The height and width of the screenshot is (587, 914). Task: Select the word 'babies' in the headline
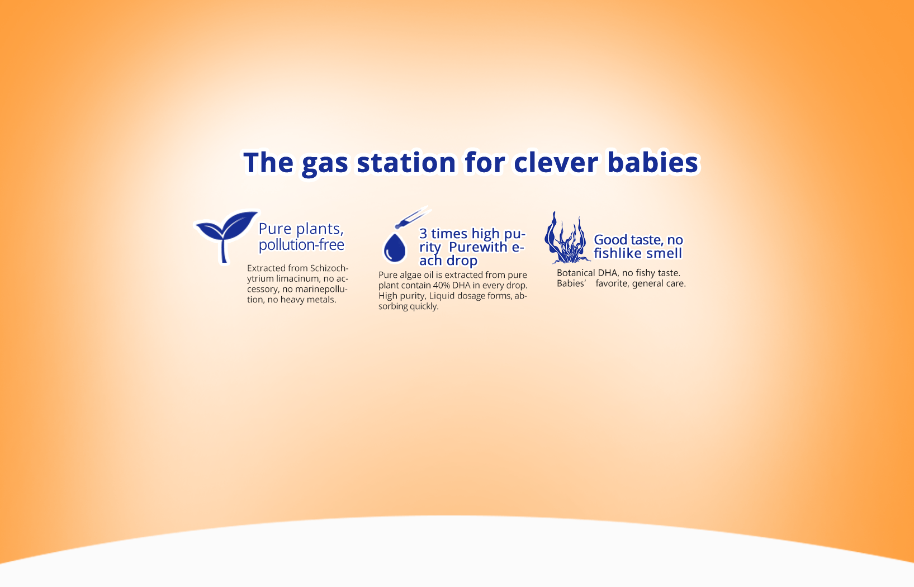pyautogui.click(x=653, y=162)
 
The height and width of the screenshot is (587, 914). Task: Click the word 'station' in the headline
pyautogui.click(x=406, y=162)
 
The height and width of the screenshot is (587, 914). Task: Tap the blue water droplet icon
pyautogui.click(x=395, y=247)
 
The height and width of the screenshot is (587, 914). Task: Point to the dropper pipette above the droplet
pyautogui.click(x=412, y=217)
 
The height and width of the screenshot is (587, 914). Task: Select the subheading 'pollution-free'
pyautogui.click(x=301, y=245)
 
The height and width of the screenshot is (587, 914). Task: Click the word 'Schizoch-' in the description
pyautogui.click(x=329, y=268)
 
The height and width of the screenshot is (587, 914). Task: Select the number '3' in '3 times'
pyautogui.click(x=423, y=233)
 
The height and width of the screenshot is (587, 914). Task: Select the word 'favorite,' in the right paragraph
pyautogui.click(x=613, y=283)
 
